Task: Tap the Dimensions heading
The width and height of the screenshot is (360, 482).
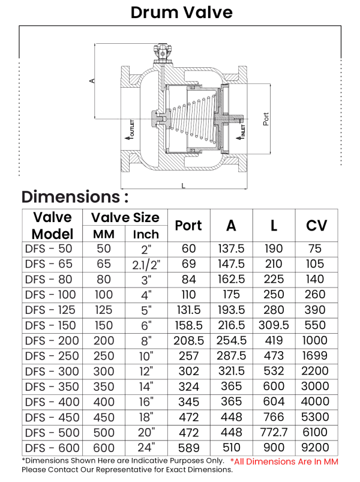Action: [75, 197]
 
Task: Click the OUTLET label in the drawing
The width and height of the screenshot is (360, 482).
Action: [131, 129]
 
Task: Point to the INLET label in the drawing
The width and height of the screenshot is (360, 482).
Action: [244, 131]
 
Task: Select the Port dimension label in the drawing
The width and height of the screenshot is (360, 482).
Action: [266, 118]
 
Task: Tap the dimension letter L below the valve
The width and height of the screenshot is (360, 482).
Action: [183, 185]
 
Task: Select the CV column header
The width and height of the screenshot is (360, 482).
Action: [316, 226]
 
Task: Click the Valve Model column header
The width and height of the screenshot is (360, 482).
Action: [52, 226]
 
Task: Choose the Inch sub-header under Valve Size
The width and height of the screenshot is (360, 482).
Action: [146, 234]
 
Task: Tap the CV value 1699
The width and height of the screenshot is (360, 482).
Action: [316, 356]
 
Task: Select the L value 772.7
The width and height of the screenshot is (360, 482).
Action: [274, 432]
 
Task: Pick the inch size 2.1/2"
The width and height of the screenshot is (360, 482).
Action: [146, 264]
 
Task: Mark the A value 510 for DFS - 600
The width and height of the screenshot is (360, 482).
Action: [231, 447]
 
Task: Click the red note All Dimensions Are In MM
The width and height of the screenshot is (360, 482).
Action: [284, 461]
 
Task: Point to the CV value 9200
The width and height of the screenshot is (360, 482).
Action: [316, 447]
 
